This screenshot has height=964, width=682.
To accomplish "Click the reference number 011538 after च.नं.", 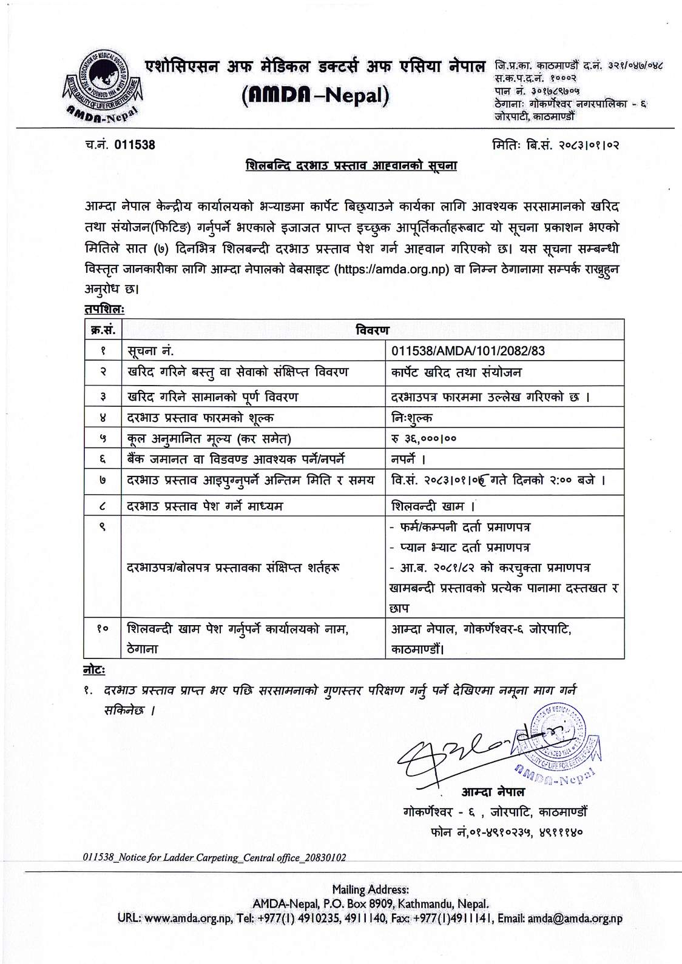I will point(134,144).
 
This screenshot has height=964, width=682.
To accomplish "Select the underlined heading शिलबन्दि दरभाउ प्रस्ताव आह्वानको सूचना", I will point(351,166).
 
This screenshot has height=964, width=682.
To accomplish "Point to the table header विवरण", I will point(373,329).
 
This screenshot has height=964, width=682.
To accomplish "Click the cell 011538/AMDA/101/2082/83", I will point(468,350).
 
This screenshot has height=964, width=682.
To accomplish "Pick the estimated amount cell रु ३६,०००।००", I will point(424,438).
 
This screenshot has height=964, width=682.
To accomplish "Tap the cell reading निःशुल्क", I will point(412,417).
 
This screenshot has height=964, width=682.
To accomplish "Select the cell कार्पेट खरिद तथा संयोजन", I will point(456,372).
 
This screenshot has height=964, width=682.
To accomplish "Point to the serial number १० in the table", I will point(103,629).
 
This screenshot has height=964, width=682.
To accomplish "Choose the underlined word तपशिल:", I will point(104,309).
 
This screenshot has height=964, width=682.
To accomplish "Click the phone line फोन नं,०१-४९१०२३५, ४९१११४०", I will point(505,832).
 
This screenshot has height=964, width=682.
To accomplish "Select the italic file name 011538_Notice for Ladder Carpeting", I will point(215,857).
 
